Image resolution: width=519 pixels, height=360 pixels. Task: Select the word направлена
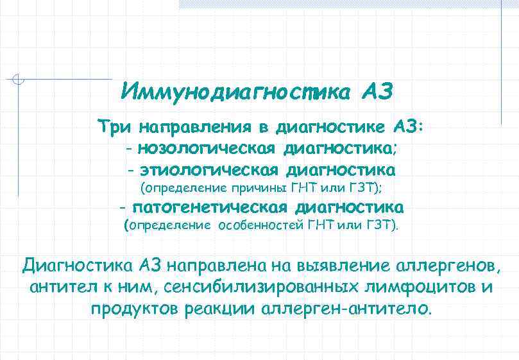[x=221, y=265]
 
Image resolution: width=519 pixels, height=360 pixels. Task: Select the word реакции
[x=219, y=309]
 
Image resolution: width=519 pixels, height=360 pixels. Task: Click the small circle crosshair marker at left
[x=19, y=80]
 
